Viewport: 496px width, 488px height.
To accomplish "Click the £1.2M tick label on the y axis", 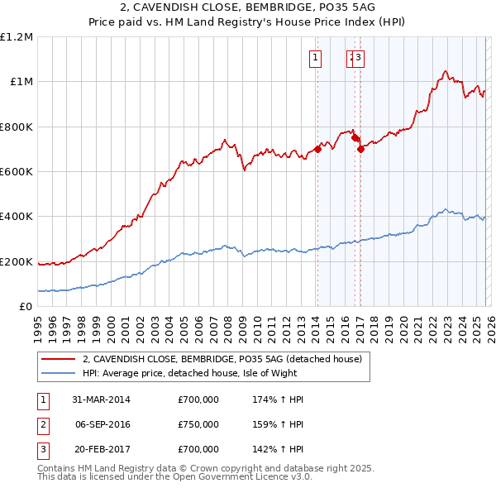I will pos(17,36).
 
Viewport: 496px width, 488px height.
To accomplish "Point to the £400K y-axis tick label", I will pos(17,217).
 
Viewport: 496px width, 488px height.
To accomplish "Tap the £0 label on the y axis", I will pos(25,307).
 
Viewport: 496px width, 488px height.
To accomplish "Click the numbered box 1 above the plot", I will pos(316,57).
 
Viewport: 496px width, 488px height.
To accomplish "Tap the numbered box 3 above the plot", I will pos(361,57).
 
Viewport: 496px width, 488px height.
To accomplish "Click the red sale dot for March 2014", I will pos(317,150).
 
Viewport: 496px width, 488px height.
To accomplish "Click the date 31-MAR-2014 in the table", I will pos(102,399).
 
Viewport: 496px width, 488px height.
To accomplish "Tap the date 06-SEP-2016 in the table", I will pos(102,424).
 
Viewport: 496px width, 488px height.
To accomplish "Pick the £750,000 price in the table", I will pos(198,424).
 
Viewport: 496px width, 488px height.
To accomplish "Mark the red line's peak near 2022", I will pos(446,71).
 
